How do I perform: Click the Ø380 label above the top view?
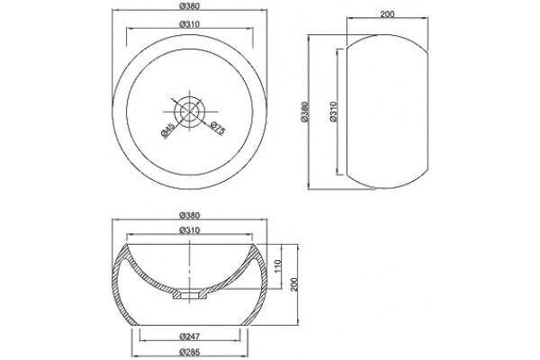(190, 6)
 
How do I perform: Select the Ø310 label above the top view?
(190, 24)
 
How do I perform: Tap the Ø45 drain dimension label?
(167, 130)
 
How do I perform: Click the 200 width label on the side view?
(387, 14)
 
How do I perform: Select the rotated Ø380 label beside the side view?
(304, 112)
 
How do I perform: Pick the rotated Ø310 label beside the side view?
(333, 112)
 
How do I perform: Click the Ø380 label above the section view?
(190, 215)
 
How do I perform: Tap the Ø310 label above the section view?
(190, 230)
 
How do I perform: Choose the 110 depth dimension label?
(278, 266)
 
